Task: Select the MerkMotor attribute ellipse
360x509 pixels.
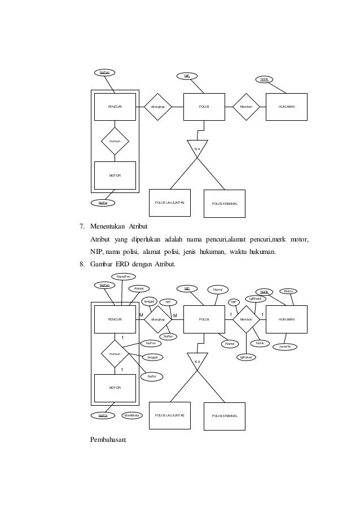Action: tap(133, 415)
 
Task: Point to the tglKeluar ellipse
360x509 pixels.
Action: tap(246, 357)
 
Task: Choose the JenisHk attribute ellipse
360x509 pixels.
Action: tap(285, 346)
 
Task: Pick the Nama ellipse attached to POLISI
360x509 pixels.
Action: tap(217, 289)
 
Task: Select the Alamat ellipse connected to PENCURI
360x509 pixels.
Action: tap(138, 288)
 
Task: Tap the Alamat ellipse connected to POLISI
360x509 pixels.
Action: tap(229, 343)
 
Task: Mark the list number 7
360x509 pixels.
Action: tap(81, 227)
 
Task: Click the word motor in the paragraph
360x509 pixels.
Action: tap(300, 239)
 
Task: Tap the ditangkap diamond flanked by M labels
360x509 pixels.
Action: tap(157, 319)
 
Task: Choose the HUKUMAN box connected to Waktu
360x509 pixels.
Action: tap(286, 319)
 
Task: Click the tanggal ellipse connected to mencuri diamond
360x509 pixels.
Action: tap(152, 357)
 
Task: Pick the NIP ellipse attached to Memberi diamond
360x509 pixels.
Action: tap(232, 302)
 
